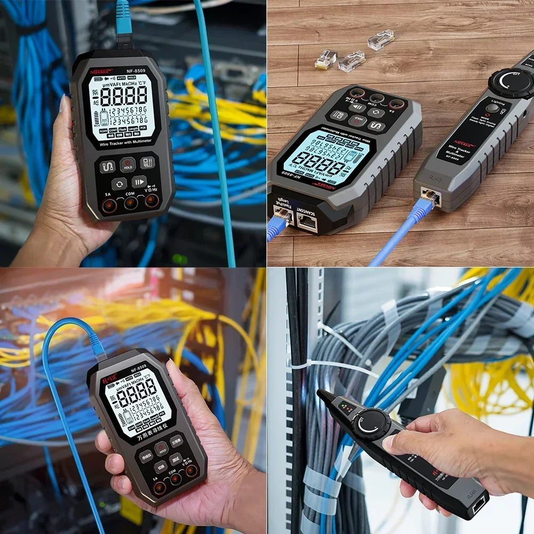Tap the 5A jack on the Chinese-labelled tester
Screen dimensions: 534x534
(x=159, y=487)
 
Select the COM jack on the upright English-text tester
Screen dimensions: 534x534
(x=131, y=203)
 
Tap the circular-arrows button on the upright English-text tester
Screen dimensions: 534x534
(x=119, y=184)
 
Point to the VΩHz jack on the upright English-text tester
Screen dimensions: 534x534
(x=152, y=201)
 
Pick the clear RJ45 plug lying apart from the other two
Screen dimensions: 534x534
(x=381, y=40)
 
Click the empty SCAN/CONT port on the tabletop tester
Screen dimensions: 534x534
(x=307, y=222)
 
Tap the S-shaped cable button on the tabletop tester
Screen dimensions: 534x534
(x=377, y=127)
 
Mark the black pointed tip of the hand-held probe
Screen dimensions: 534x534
(x=323, y=394)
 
